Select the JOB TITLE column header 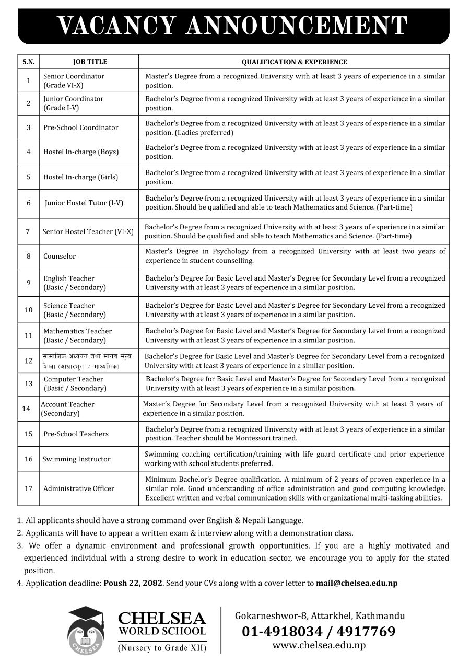[x=90, y=62]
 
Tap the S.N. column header [x=29, y=62]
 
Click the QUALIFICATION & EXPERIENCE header [x=295, y=62]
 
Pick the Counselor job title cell [x=60, y=257]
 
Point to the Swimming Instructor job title [x=76, y=459]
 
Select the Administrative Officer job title [x=79, y=489]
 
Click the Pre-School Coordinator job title [x=80, y=127]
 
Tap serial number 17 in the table [x=29, y=489]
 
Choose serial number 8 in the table [x=29, y=257]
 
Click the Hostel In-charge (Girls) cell [x=80, y=177]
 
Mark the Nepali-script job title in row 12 [x=87, y=361]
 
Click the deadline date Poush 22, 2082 [x=133, y=583]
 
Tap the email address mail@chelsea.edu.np [x=357, y=583]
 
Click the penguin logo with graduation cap [x=87, y=630]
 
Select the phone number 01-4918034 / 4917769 [x=319, y=632]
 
